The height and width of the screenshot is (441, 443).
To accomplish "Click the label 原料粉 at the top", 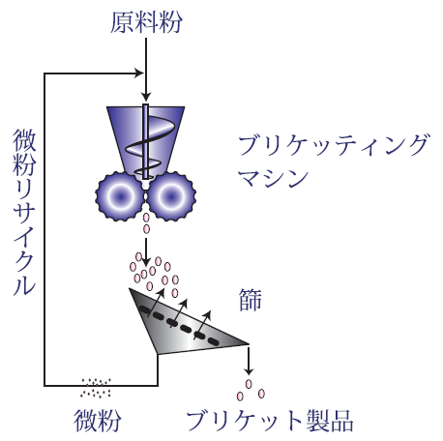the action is [146, 22].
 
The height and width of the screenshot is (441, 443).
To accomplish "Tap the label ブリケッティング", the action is [334, 145].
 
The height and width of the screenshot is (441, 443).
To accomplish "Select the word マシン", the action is [273, 178].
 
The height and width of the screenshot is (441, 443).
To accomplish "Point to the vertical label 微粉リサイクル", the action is [24, 212].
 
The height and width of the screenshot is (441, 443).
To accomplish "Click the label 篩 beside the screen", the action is [251, 300].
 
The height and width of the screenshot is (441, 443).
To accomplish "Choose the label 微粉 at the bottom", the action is [98, 421].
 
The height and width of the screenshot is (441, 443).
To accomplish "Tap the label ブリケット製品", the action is [270, 421].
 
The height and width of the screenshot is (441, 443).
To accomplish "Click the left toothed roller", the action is [120, 196].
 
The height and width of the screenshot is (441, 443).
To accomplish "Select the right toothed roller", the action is [171, 196].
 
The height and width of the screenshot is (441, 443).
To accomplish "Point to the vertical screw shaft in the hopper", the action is [145, 141].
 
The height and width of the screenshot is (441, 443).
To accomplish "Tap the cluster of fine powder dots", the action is [96, 388].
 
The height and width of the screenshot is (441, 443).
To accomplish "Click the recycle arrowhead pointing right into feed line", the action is [139, 73].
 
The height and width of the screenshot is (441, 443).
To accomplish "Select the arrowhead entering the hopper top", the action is [146, 97].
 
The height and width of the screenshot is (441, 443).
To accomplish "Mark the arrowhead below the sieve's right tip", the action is [249, 370].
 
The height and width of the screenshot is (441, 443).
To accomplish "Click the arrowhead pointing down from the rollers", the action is [146, 261].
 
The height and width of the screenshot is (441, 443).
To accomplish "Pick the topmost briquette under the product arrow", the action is [249, 384].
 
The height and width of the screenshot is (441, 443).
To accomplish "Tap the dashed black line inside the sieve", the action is [179, 326].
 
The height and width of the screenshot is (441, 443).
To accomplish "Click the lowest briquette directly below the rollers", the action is [146, 229].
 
